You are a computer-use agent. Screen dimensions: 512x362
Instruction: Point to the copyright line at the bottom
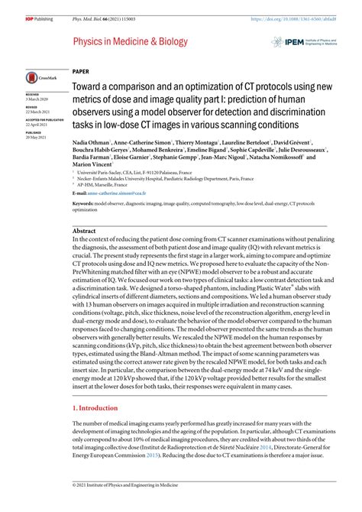122,506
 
